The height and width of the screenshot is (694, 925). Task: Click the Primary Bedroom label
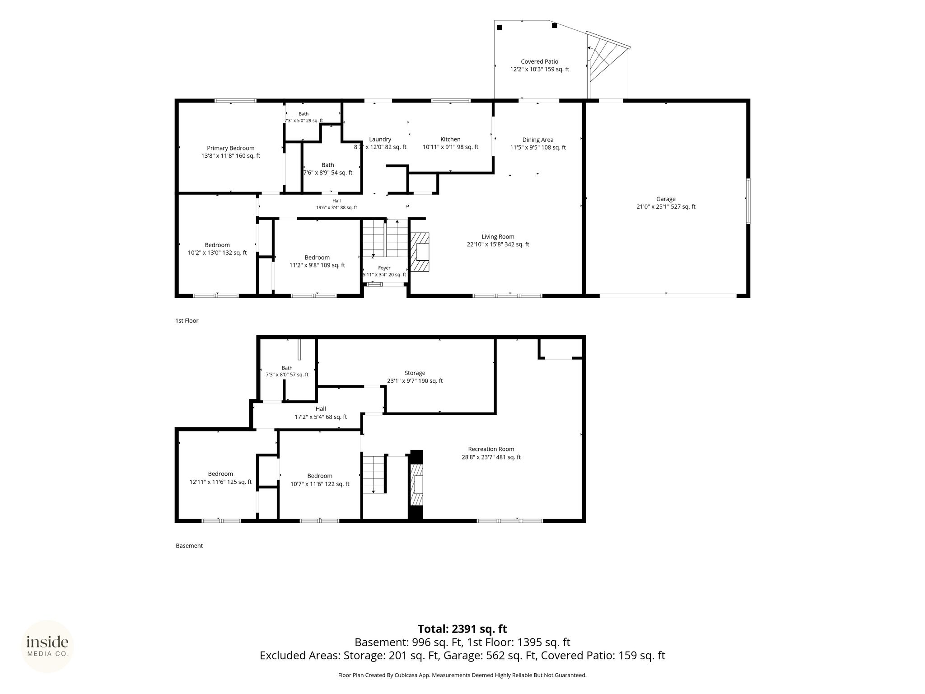(x=231, y=152)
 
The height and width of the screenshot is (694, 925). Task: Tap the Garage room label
(x=666, y=203)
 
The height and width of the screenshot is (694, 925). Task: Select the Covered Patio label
(x=539, y=66)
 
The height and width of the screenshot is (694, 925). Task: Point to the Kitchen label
(x=450, y=143)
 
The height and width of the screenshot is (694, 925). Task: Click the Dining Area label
(x=538, y=144)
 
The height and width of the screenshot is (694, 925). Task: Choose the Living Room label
(x=498, y=240)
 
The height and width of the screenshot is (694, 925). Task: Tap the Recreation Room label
(x=491, y=453)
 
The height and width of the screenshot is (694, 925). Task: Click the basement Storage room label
(x=415, y=377)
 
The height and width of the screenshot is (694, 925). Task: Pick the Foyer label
(x=384, y=271)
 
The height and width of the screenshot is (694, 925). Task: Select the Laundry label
(x=380, y=143)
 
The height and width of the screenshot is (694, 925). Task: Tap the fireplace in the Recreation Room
(x=416, y=486)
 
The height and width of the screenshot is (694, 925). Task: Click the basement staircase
(x=374, y=475)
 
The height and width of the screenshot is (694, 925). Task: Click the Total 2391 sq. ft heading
(x=462, y=629)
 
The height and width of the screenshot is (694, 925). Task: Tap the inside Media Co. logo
(x=47, y=647)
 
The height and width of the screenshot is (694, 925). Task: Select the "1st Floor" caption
(x=187, y=321)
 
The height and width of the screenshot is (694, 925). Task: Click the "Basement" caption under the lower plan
(x=189, y=546)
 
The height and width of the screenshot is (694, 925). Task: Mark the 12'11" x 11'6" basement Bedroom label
(x=220, y=478)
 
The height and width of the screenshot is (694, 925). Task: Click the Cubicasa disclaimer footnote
(x=462, y=675)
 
